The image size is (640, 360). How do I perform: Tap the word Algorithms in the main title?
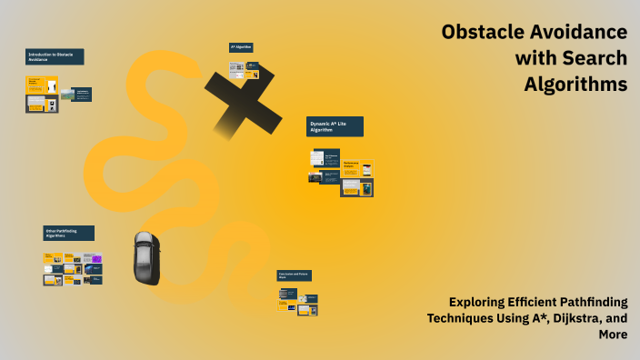tap(575, 85)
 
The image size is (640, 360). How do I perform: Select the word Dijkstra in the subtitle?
tap(569, 318)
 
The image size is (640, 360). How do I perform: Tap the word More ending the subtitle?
tap(612, 335)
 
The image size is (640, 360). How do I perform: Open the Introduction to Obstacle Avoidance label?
tap(55, 56)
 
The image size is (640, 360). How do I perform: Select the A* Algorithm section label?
tap(241, 47)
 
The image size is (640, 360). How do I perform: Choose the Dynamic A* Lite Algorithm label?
tap(335, 126)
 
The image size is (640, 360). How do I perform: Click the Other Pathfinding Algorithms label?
tap(68, 234)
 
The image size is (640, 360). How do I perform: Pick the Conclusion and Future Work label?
tap(295, 275)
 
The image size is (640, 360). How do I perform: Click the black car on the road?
tap(146, 257)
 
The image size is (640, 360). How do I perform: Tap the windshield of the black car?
tap(146, 250)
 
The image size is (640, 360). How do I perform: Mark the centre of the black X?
tap(242, 101)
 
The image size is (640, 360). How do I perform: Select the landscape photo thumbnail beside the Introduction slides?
tap(67, 95)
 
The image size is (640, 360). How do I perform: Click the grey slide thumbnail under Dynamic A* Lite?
tap(317, 159)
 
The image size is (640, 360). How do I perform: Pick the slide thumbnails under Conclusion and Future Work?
tap(298, 301)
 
